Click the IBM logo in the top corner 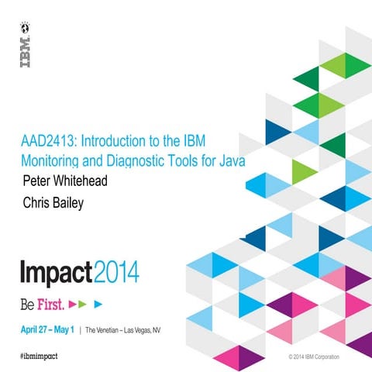pos(24,45)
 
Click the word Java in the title pos(240,162)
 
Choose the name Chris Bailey pos(56,204)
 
